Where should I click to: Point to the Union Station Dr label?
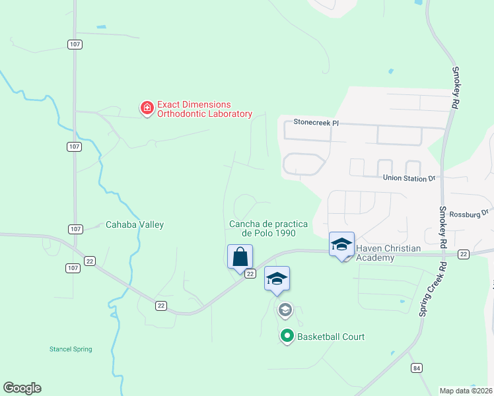coord(409,178)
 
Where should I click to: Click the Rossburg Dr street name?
coord(468,213)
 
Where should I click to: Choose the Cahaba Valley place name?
coord(135,224)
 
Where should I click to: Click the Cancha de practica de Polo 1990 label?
coord(268,228)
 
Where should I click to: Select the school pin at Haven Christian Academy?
coord(342,245)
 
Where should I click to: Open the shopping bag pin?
coord(240,257)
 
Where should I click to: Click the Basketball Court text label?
coord(331,337)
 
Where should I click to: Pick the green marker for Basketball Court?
coord(287,337)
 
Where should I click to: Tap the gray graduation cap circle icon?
coord(285,309)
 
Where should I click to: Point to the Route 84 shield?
coord(415,368)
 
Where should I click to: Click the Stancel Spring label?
coord(71,349)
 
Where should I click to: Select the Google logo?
coord(22,388)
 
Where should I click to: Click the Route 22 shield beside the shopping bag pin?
coord(250,273)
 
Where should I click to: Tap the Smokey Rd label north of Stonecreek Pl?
coord(455,87)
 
